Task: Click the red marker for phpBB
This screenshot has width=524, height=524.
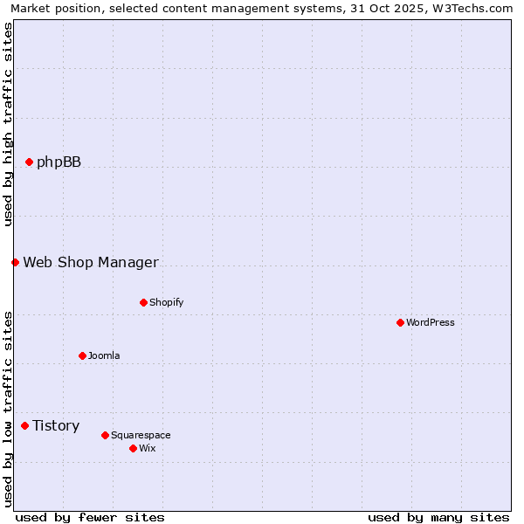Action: pyautogui.click(x=29, y=162)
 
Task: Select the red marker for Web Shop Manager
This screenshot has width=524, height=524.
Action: pyautogui.click(x=15, y=262)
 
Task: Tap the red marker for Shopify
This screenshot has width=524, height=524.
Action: pyautogui.click(x=143, y=302)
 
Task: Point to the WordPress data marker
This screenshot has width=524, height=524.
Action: pyautogui.click(x=400, y=322)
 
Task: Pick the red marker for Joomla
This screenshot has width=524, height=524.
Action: pyautogui.click(x=82, y=355)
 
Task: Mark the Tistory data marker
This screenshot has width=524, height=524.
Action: pyautogui.click(x=24, y=425)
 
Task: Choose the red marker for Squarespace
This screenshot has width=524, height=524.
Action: pyautogui.click(x=105, y=435)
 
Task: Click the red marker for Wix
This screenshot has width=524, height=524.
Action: pyautogui.click(x=133, y=448)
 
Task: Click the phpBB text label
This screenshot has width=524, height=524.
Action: pyautogui.click(x=59, y=162)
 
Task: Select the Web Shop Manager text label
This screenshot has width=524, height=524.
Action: pyautogui.click(x=91, y=262)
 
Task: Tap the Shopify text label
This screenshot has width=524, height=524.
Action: pyautogui.click(x=166, y=302)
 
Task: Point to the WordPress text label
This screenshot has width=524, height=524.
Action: pyautogui.click(x=430, y=322)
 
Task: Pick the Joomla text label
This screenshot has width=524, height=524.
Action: pyautogui.click(x=104, y=355)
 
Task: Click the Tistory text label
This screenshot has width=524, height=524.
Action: pyautogui.click(x=56, y=425)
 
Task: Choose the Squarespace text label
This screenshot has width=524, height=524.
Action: pyautogui.click(x=141, y=435)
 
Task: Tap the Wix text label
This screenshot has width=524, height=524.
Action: pyautogui.click(x=147, y=448)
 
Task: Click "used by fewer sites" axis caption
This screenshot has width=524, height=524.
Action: pyautogui.click(x=90, y=517)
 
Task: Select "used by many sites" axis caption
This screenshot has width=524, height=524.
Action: pyautogui.click(x=438, y=517)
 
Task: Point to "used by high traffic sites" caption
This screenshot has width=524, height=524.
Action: pyautogui.click(x=8, y=124)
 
